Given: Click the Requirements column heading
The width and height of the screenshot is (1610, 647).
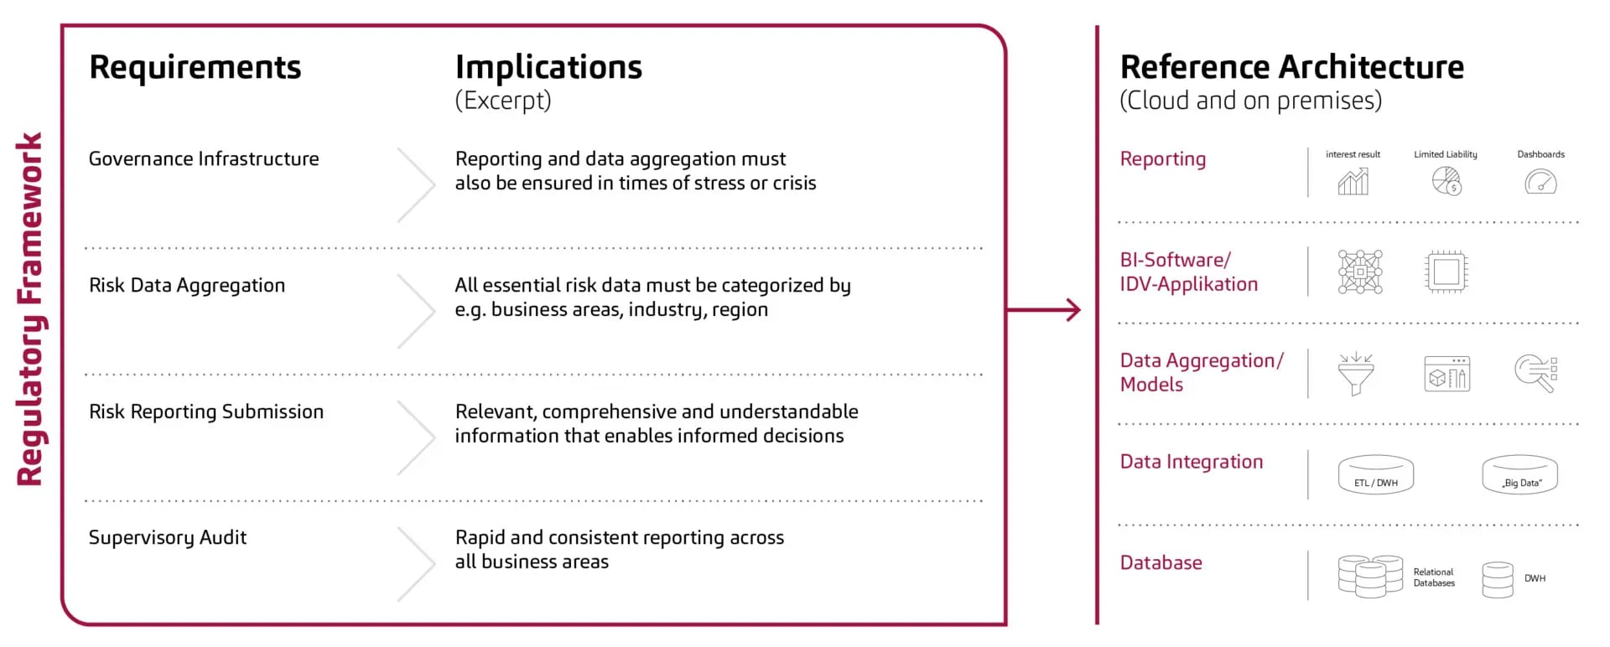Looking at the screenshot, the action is tap(195, 67).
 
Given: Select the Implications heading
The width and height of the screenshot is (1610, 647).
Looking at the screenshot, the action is tap(548, 67).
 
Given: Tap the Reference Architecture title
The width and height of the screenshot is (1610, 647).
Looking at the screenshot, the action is tap(1291, 67).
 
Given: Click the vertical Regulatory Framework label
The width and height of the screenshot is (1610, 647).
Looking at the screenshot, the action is tap(30, 309).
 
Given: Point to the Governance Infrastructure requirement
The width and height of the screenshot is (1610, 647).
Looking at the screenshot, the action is tap(204, 159).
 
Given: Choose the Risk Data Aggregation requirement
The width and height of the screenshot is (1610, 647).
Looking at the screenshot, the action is tap(187, 286).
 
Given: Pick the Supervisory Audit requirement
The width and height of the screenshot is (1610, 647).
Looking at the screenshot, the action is tap(168, 538).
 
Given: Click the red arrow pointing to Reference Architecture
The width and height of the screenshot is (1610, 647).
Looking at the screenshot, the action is tap(1044, 310).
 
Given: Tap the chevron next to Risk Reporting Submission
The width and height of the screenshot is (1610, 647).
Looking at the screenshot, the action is tap(417, 437).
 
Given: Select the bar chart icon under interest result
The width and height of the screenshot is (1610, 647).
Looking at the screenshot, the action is tap(1353, 181).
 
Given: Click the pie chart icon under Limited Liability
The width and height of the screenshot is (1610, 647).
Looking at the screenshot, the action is tap(1446, 181).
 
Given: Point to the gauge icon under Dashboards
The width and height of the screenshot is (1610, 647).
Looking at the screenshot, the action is tap(1540, 182).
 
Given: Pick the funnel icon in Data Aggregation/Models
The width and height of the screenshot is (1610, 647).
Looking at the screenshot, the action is tap(1356, 374).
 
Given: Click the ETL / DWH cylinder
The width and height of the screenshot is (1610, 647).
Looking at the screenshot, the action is tap(1376, 474).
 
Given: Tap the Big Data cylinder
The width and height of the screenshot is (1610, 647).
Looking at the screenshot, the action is tap(1519, 474).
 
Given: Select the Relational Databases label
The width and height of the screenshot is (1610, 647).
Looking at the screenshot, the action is tap(1434, 577).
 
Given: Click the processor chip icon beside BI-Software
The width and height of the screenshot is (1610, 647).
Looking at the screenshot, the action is tap(1446, 272).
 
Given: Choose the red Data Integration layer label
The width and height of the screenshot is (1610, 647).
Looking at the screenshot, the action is tap(1192, 462).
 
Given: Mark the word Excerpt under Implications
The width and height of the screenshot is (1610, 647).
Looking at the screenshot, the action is tap(503, 101).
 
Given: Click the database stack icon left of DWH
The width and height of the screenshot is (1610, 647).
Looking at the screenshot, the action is tap(1498, 579).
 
